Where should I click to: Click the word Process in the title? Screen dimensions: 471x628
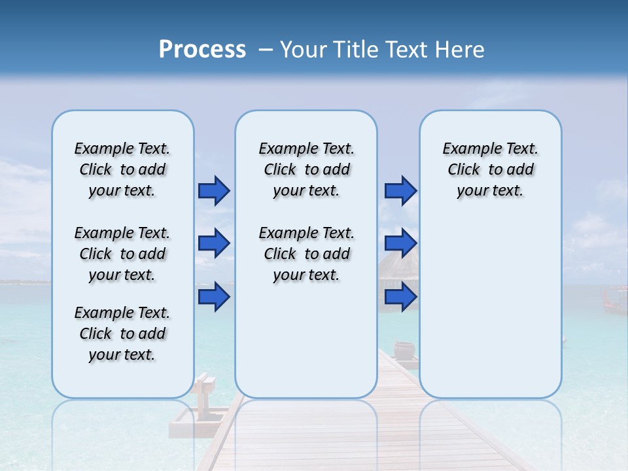pyautogui.click(x=202, y=49)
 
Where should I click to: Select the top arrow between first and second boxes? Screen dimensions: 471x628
pyautogui.click(x=214, y=191)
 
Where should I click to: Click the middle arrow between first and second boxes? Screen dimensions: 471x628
pyautogui.click(x=214, y=244)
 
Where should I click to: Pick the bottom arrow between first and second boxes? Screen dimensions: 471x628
pyautogui.click(x=214, y=297)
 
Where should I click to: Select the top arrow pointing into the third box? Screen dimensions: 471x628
pyautogui.click(x=400, y=191)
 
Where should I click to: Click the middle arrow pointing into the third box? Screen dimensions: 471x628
pyautogui.click(x=400, y=244)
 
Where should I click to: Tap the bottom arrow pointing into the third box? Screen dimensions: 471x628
pyautogui.click(x=400, y=297)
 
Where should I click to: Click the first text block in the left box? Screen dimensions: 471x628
pyautogui.click(x=122, y=169)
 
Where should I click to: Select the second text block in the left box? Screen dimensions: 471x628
pyautogui.click(x=122, y=254)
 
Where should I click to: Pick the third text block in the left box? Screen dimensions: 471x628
pyautogui.click(x=122, y=334)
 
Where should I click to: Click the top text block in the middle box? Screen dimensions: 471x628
pyautogui.click(x=306, y=169)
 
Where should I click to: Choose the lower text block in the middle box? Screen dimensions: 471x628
pyautogui.click(x=306, y=254)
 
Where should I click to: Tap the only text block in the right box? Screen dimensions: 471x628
pyautogui.click(x=490, y=169)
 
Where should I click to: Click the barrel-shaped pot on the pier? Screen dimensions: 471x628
pyautogui.click(x=404, y=349)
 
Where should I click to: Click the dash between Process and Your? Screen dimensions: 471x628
pyautogui.click(x=266, y=50)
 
